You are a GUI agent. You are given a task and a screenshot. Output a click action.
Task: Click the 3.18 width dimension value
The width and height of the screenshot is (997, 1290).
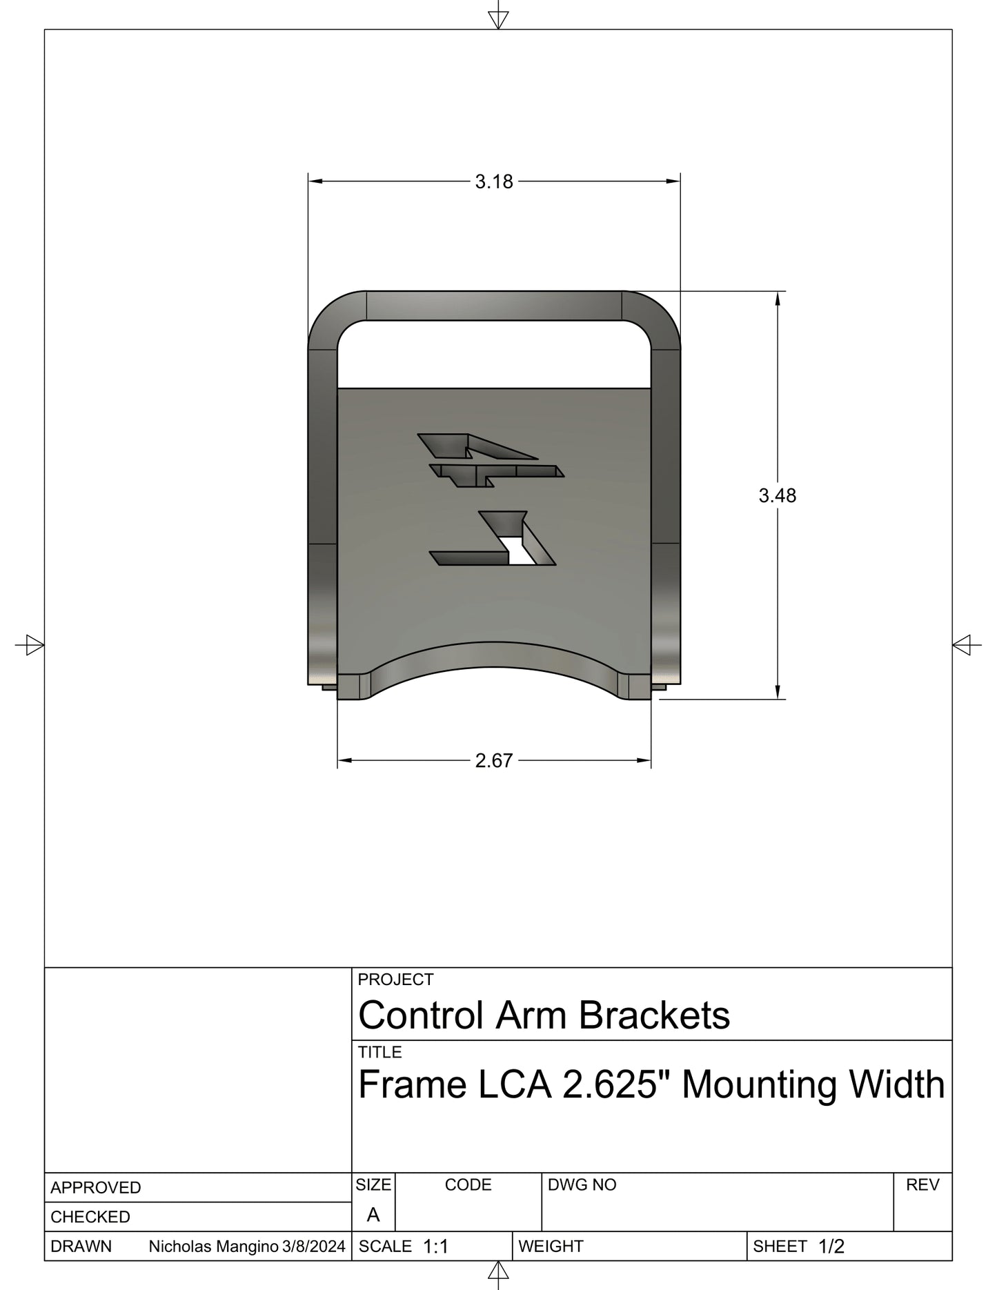pos(494,181)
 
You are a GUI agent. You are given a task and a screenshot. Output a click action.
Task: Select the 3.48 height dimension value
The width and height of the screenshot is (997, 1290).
pos(777,495)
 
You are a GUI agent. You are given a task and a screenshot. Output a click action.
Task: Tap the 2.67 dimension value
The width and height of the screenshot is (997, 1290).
pos(494,760)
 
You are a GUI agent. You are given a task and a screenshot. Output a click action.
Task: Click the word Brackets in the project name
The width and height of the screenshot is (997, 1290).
pos(653,1015)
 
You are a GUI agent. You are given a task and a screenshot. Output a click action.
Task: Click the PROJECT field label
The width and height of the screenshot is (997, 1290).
pos(395,980)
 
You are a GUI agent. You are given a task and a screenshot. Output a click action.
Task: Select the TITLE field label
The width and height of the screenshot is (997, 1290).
pos(379,1052)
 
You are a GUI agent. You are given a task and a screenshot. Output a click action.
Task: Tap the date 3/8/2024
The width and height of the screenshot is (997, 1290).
pos(314,1247)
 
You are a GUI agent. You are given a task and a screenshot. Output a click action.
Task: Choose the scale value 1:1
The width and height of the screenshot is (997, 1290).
pos(435,1247)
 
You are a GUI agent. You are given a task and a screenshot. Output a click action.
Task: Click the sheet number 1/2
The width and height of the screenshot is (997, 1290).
pos(831,1247)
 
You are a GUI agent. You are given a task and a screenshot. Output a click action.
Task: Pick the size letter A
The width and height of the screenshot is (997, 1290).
pos(373,1215)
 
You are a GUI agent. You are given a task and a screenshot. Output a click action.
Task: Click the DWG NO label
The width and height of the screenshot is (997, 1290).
pos(582,1185)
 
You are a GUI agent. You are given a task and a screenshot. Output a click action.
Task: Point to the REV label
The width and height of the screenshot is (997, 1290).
pos(922,1185)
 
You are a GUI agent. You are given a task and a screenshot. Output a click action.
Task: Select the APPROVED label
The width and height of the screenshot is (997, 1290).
pos(95,1188)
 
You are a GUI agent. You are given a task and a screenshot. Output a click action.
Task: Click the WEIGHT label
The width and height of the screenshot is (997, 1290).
pos(551,1247)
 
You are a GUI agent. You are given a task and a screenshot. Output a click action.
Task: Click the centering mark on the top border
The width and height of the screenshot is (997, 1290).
pos(498,20)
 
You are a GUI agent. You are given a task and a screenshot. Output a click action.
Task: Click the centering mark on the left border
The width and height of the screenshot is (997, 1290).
pos(30,646)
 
